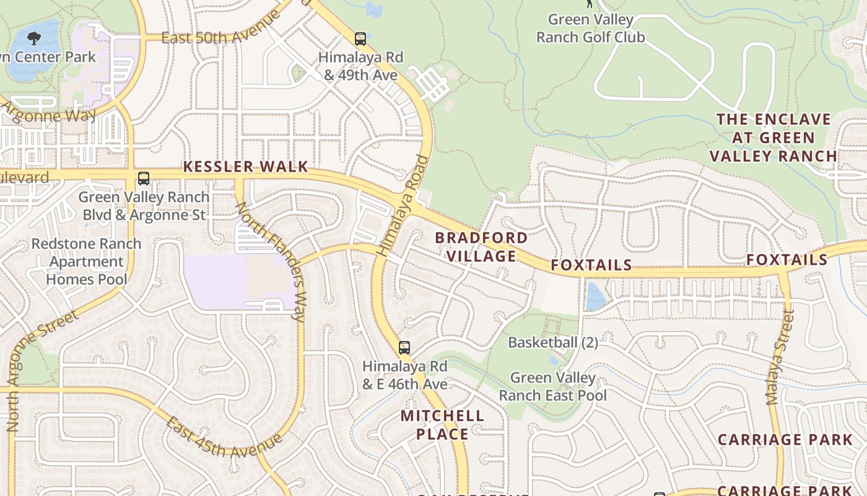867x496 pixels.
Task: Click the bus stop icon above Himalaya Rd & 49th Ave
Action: (360, 39)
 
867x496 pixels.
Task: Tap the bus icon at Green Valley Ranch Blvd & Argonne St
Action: (144, 179)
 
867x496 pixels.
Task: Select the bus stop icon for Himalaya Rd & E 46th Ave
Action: (404, 348)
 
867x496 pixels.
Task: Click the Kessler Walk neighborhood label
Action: (245, 167)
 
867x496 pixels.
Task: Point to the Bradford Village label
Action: (481, 247)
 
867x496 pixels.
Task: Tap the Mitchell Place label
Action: (442, 425)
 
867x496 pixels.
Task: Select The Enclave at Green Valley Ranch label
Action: (773, 138)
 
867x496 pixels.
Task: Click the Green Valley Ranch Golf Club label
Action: (590, 29)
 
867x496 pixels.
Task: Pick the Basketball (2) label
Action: (553, 342)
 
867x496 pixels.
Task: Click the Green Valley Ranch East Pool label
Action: (553, 386)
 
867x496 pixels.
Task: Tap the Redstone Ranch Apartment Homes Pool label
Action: (87, 262)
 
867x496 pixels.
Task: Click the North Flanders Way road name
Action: (271, 261)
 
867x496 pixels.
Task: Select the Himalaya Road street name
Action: (403, 206)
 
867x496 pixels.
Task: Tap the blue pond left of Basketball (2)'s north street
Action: (595, 296)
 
